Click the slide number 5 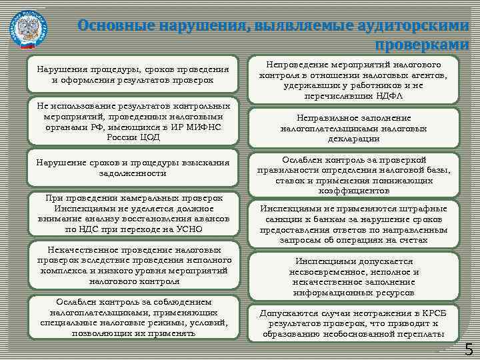(x=469, y=349)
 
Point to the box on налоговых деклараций (x=353, y=127)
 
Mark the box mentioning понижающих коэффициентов (x=353, y=175)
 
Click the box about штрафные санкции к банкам (x=353, y=223)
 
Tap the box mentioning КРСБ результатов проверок (x=353, y=323)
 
